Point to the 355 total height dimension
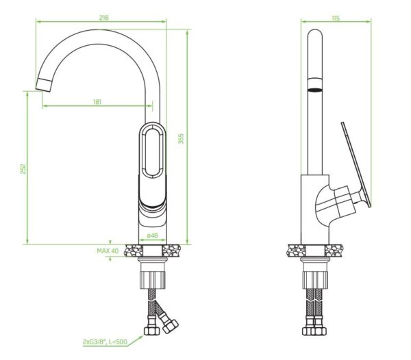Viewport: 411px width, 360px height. tap(182, 138)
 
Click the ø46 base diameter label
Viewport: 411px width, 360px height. tap(152, 235)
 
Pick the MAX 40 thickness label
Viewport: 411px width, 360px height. tap(108, 251)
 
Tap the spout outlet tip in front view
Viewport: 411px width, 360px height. tap(42, 86)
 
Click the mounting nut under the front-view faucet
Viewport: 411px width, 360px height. tap(151, 278)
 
